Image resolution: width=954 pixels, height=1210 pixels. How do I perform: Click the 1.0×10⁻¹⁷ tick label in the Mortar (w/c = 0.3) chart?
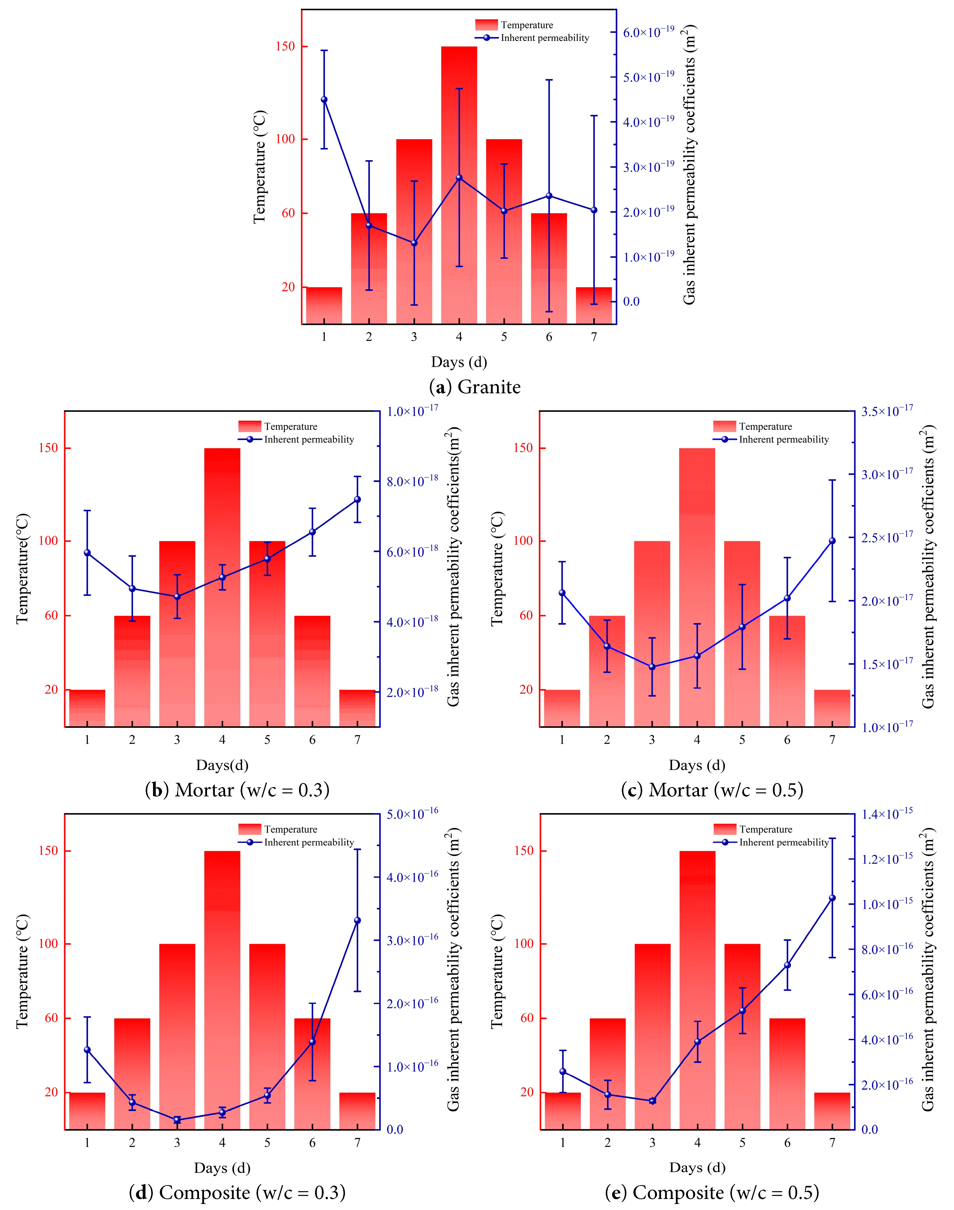(x=413, y=412)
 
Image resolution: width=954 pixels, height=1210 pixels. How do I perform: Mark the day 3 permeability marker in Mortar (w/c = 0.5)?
(x=652, y=667)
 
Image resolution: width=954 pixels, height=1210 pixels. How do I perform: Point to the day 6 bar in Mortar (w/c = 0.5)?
(x=787, y=670)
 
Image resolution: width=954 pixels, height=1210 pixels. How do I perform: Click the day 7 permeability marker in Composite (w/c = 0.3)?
(x=358, y=920)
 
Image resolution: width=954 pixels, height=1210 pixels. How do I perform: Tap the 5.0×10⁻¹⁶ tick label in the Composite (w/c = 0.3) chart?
(x=413, y=814)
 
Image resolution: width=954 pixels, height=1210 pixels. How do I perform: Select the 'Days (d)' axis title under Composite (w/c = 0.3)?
(x=222, y=1168)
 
